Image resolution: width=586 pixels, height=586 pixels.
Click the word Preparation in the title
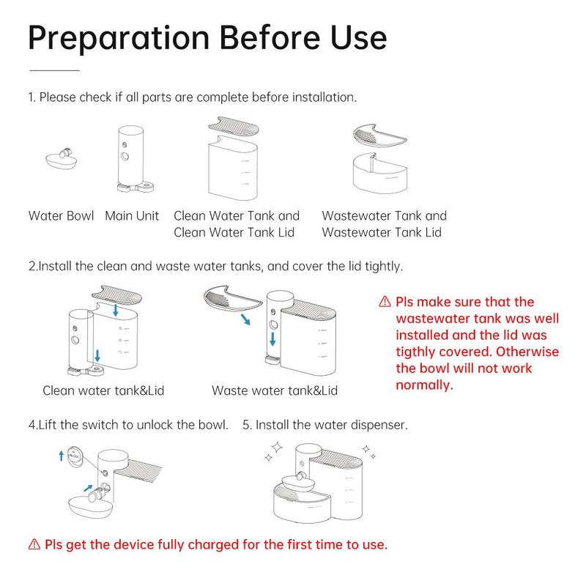pos(119,39)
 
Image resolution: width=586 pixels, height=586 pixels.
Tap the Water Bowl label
pos(61,215)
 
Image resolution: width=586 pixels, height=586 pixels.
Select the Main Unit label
pos(132,215)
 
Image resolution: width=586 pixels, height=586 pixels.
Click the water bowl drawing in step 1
pos(62,160)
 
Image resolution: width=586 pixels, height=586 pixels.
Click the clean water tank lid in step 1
pos(234,127)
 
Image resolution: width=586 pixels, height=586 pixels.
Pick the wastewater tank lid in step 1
pos(379,135)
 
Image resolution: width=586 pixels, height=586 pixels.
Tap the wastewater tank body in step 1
pos(380,173)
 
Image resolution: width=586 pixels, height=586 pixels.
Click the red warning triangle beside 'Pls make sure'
pos(385,302)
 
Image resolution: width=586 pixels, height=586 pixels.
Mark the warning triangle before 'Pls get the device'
pos(34,544)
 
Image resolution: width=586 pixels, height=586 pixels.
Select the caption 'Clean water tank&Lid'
pos(103,390)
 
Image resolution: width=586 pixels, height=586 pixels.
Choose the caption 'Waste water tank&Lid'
pos(275,390)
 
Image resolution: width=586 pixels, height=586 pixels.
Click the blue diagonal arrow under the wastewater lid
pos(245,319)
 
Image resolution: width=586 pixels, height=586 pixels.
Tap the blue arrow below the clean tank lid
pos(116,310)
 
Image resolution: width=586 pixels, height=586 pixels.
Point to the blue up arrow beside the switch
pos(62,456)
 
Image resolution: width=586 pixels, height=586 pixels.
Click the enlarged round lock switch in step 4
pos(75,456)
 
